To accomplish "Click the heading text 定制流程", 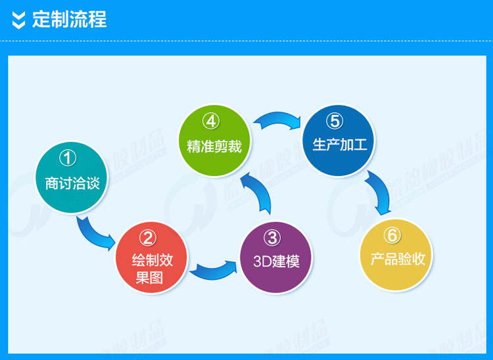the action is pyautogui.click(x=69, y=20).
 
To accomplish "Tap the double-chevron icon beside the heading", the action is pyautogui.click(x=20, y=20).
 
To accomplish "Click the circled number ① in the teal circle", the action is pyautogui.click(x=68, y=158).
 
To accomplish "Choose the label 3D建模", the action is pyautogui.click(x=276, y=261).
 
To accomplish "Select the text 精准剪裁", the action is pyautogui.click(x=214, y=146).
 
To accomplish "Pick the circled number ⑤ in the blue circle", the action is pyautogui.click(x=335, y=121).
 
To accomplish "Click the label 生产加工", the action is pyautogui.click(x=339, y=145).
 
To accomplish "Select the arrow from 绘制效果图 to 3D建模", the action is pyautogui.click(x=212, y=269).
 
